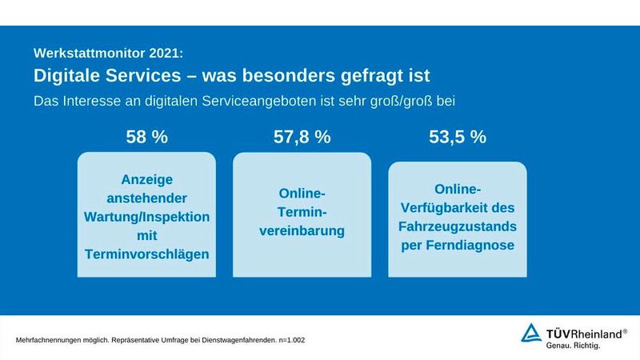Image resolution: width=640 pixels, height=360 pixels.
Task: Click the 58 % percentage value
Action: click(146, 137)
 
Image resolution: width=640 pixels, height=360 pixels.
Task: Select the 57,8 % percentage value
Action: click(302, 137)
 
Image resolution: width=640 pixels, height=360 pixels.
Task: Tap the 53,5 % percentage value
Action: click(457, 137)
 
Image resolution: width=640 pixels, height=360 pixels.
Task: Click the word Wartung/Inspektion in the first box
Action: click(146, 217)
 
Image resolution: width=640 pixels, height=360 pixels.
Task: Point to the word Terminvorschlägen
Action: click(146, 254)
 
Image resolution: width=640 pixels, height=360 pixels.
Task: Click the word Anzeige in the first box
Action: click(146, 180)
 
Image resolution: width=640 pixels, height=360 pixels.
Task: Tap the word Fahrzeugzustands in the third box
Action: click(457, 226)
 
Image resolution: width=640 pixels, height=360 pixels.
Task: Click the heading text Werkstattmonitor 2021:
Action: click(108, 54)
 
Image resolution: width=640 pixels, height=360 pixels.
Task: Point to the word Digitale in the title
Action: click(69, 76)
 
